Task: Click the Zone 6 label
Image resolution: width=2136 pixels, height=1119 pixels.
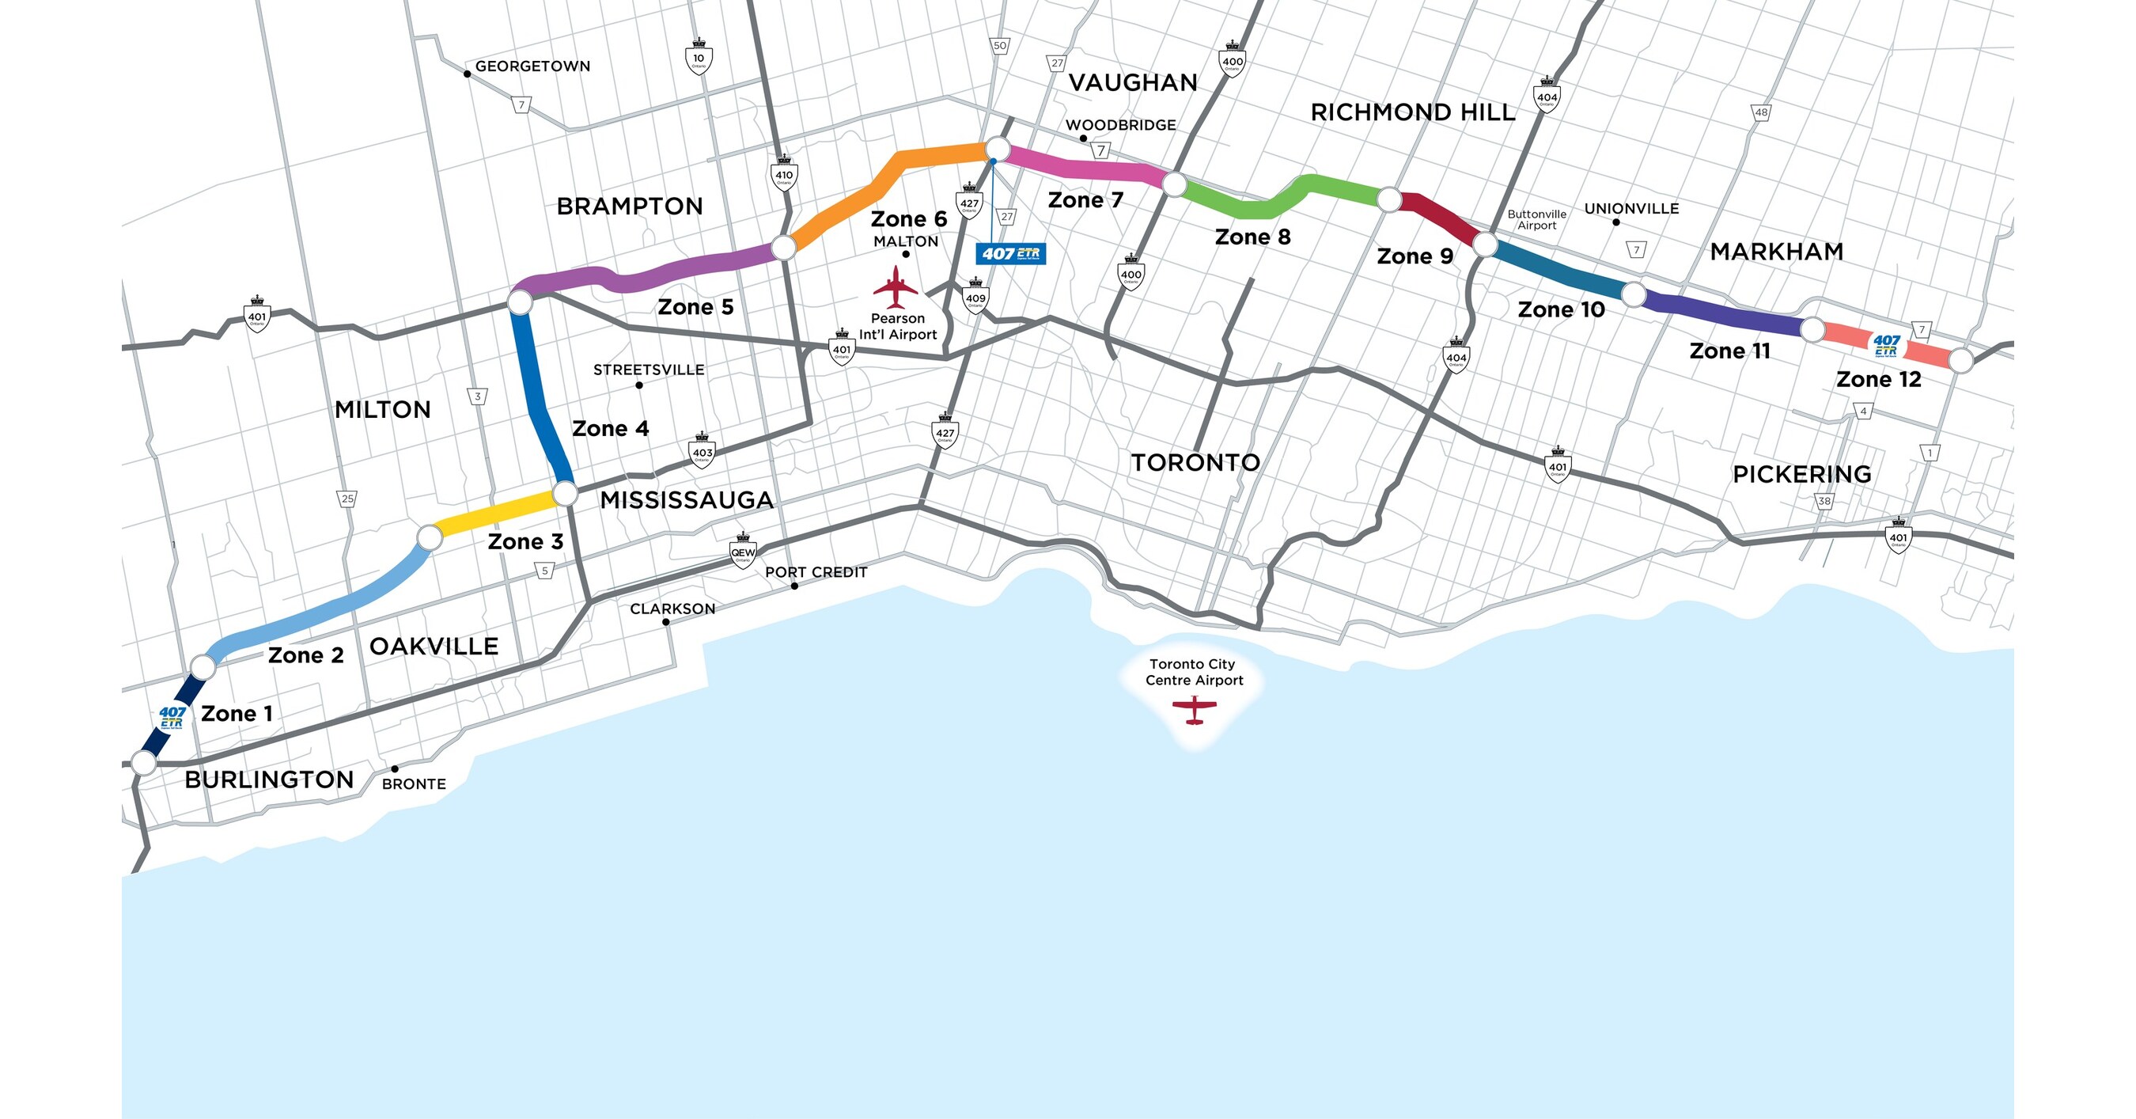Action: tap(908, 219)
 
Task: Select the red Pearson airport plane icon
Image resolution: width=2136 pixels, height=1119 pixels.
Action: tap(896, 287)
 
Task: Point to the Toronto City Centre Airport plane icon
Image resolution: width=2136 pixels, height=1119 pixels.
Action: tap(1194, 709)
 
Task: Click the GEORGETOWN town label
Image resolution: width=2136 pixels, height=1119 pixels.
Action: tap(532, 66)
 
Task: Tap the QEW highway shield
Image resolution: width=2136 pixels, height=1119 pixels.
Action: tap(742, 552)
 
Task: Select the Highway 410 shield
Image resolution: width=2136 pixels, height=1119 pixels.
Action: tap(783, 174)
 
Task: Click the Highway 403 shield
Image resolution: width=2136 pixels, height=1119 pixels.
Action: tap(702, 452)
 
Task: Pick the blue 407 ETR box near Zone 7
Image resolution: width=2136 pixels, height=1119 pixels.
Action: tap(1011, 253)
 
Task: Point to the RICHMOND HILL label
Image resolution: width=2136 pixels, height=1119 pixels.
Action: tap(1412, 112)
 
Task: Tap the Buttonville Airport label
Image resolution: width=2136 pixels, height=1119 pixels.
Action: tap(1536, 220)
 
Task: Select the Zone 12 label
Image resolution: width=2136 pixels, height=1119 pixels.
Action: tap(1878, 380)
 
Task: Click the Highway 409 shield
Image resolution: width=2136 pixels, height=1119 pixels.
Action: tap(975, 297)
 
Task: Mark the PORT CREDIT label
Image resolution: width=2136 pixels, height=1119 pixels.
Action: tap(816, 572)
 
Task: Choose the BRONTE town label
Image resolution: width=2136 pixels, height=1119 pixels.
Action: tap(414, 784)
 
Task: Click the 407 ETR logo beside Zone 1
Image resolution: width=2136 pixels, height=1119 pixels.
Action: tap(172, 717)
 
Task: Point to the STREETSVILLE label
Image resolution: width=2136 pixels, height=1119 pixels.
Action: tap(649, 370)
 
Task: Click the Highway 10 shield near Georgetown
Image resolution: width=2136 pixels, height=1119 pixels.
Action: tap(699, 58)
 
